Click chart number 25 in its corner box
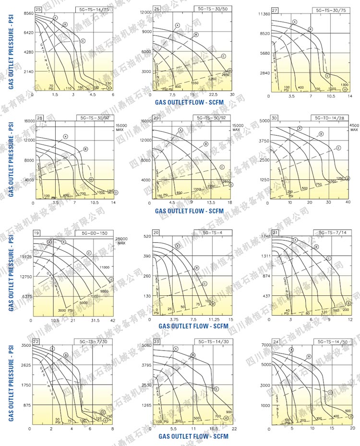tap(38, 10)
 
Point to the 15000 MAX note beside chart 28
tap(122, 127)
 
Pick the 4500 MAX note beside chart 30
tap(354, 127)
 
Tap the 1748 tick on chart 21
tap(265, 236)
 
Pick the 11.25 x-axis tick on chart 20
tap(211, 319)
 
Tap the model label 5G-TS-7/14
tap(329, 233)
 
